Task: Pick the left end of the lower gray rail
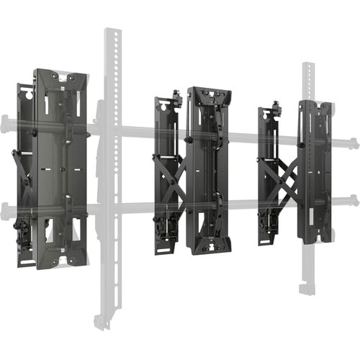(x=6, y=210)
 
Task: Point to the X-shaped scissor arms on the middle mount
(x=176, y=176)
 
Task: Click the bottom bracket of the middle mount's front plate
(x=209, y=247)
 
